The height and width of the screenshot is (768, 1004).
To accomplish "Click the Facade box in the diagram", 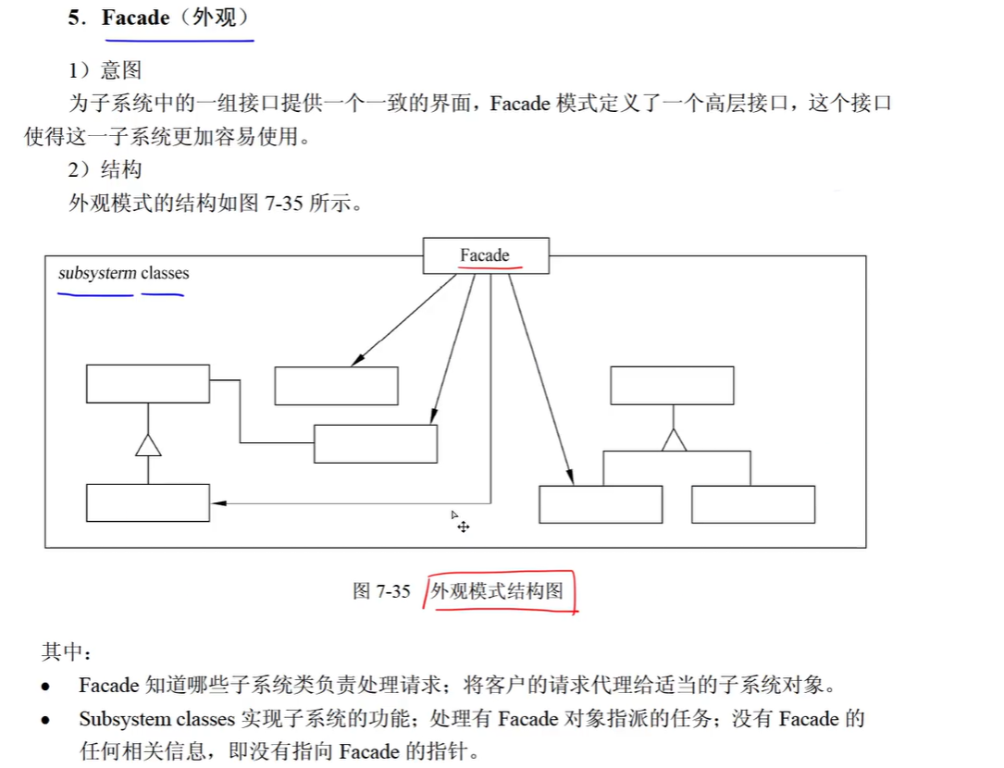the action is coord(486,255).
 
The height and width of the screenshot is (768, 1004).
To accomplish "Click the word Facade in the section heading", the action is coord(135,18).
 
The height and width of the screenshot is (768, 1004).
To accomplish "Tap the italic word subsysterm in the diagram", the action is coord(97,274).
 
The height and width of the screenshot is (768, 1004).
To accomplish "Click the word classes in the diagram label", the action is coord(165,274).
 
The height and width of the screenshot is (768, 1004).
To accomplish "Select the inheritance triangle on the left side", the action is coord(148,445).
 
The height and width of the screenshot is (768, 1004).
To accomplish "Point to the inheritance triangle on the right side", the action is coord(674,440).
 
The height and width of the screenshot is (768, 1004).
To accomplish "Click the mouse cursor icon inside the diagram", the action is coord(459,522).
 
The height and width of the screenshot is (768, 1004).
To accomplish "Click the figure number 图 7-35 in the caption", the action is coord(381,591).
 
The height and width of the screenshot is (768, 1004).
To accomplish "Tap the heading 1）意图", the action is coord(105,69).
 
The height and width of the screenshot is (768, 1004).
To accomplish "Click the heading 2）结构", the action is coord(105,169).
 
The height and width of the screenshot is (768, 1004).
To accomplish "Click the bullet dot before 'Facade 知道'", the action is coord(45,687).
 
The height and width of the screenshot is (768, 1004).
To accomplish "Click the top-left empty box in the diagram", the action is coord(148,384).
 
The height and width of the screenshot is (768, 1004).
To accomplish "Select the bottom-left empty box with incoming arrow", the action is coord(148,502).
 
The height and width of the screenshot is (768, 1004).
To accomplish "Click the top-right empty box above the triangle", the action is coord(672,386).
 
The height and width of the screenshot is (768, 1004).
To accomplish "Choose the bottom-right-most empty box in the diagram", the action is coord(753,504).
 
